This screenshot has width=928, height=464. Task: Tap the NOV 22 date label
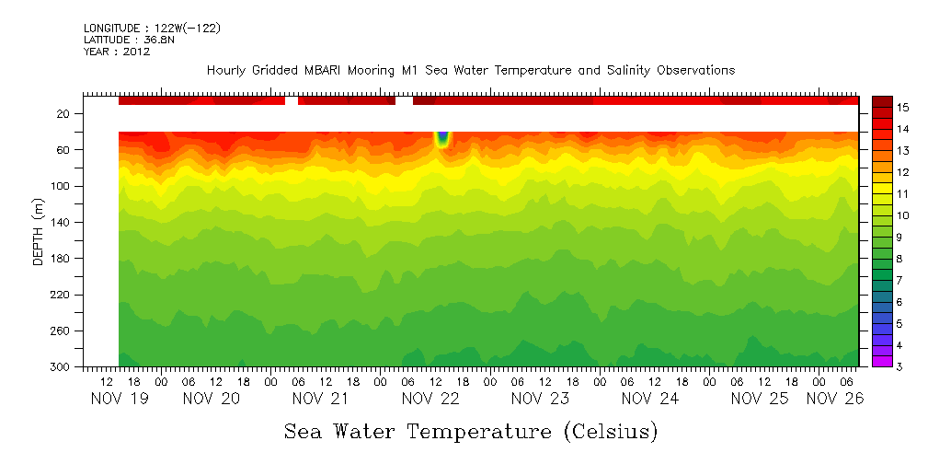pyautogui.click(x=430, y=399)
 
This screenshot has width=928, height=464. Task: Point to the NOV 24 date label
pyautogui.click(x=649, y=399)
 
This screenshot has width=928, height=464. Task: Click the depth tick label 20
pyautogui.click(x=64, y=114)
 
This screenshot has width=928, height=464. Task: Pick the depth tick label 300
pyautogui.click(x=61, y=367)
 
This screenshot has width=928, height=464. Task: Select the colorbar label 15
pyautogui.click(x=903, y=108)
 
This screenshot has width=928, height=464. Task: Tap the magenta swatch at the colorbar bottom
pyautogui.click(x=882, y=362)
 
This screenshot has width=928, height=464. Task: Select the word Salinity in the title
pyautogui.click(x=611, y=71)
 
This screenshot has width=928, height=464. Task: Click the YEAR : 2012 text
pyautogui.click(x=117, y=52)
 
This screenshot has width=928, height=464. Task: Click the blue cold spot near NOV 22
pyautogui.click(x=442, y=138)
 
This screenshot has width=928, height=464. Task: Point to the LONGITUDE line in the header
pyautogui.click(x=152, y=28)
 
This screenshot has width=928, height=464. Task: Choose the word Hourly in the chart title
pyautogui.click(x=228, y=71)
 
